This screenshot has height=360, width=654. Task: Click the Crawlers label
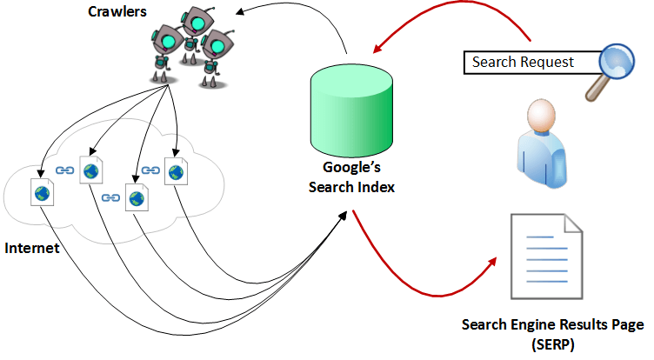point(117,11)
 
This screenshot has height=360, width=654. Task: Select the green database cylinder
point(351,110)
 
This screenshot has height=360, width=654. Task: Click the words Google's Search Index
point(351,177)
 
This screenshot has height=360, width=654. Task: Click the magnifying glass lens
point(617,61)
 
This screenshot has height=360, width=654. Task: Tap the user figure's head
point(542,115)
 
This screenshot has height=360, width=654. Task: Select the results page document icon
point(546,257)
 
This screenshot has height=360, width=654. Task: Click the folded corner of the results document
point(573,223)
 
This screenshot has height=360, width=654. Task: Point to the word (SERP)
point(552,345)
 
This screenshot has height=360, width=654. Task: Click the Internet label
point(31,248)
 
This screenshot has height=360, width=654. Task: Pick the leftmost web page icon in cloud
point(42,192)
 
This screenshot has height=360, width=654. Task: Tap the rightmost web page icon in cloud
point(176,171)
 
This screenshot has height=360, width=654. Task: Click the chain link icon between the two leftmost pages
point(64,170)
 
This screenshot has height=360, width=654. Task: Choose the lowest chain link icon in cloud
point(110,197)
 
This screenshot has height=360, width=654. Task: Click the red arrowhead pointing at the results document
point(492,262)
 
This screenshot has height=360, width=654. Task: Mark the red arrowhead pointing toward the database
point(377,49)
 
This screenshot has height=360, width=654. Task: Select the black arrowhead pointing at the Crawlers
point(240,11)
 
